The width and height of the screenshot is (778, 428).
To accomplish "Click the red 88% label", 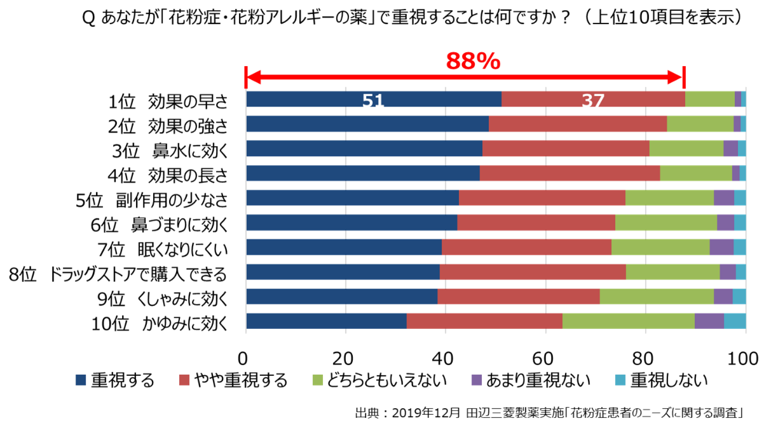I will [473, 62].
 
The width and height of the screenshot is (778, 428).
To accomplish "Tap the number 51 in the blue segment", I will [373, 101].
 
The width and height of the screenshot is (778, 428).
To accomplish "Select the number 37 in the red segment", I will [593, 101].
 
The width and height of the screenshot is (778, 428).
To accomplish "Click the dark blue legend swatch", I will [81, 380].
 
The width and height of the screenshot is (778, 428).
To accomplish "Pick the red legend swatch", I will [184, 380].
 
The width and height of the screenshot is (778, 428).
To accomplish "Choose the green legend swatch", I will [318, 380].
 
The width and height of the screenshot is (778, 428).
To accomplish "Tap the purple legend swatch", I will [477, 380].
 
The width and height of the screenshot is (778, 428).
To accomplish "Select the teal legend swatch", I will [620, 380].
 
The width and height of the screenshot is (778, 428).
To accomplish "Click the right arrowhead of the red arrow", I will [675, 77].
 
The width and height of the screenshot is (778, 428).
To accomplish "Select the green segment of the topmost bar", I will [709, 99].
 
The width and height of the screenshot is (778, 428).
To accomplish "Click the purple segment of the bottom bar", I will [709, 321].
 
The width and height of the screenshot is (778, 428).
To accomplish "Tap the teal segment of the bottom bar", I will [735, 321].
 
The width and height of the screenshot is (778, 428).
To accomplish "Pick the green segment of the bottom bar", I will [628, 321].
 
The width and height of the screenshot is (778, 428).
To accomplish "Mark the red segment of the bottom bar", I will [484, 321].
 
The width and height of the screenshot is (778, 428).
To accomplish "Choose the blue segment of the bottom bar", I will [326, 321].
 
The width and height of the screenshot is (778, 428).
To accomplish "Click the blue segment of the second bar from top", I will [367, 124].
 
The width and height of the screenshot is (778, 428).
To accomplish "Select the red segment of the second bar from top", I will [577, 124].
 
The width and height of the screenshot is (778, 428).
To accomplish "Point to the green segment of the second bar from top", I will [700, 124].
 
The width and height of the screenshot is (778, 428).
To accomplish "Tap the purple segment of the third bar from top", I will [730, 148].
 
